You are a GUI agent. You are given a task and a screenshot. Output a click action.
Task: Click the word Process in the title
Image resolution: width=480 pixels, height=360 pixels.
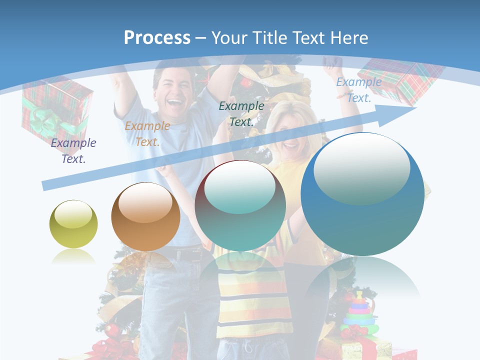[157, 37]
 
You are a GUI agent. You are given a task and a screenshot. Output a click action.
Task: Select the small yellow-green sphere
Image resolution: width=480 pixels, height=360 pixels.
[73, 224]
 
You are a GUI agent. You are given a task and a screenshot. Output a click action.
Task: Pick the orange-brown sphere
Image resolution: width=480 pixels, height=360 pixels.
[145, 216]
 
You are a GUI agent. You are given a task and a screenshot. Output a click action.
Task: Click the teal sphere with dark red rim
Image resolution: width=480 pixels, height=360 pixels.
[240, 205]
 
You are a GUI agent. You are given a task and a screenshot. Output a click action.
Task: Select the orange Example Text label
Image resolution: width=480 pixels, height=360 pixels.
[147, 134]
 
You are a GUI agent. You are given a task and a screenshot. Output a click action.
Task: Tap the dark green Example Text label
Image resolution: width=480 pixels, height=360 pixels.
[241, 113]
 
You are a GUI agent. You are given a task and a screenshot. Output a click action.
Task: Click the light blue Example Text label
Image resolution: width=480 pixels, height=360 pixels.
[359, 90]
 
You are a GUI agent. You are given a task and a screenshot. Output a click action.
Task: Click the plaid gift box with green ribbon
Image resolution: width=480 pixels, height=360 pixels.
[56, 112]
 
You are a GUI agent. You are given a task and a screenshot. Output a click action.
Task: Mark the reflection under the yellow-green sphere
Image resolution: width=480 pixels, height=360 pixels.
[73, 258]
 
